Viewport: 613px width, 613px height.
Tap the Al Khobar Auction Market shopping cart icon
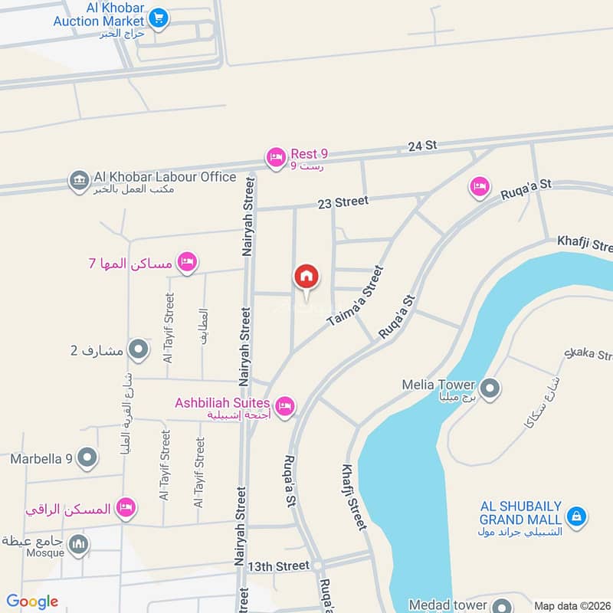pos(159,16)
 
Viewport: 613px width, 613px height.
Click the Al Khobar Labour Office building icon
pos(78,181)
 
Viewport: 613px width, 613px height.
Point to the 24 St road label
pos(421,145)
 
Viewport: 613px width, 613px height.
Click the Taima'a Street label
pos(354,297)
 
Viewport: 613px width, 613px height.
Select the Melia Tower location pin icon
pos(491,388)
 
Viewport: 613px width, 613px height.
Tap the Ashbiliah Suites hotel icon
pos(285,406)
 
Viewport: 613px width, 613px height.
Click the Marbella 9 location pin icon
pos(87,458)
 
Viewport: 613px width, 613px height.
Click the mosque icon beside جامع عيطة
pos(78,546)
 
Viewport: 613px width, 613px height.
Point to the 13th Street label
pos(277,566)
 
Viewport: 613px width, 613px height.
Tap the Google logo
pos(32,602)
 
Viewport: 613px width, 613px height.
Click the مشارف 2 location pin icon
pos(138,350)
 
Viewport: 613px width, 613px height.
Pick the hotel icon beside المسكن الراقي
pos(126,507)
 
